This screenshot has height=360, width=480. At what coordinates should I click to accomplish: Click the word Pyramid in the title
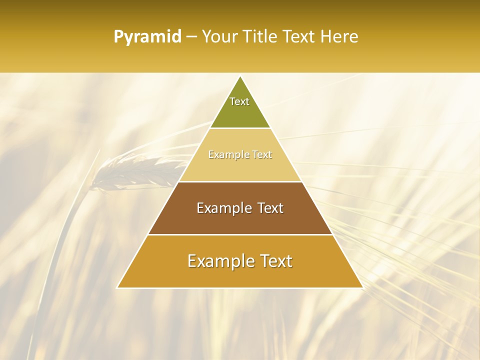tap(147, 37)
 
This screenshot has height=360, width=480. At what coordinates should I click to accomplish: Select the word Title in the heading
tap(260, 37)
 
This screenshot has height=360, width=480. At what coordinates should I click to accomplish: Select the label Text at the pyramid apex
tap(239, 101)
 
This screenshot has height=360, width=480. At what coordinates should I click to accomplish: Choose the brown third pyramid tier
tap(240, 220)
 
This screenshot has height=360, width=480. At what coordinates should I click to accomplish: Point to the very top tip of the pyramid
tap(240, 76)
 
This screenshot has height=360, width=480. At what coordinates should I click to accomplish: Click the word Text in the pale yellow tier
tap(262, 155)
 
